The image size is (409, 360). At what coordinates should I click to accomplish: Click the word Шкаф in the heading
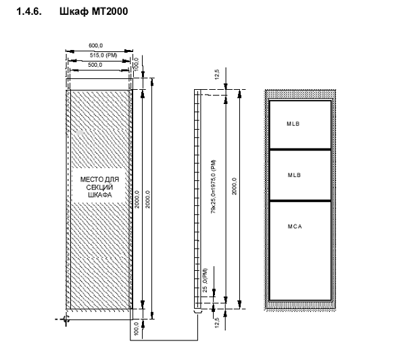coord(74,11)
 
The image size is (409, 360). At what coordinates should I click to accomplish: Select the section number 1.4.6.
coord(29,11)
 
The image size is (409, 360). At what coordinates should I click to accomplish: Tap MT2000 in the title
coord(110,11)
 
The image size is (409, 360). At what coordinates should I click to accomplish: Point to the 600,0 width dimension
coord(96,45)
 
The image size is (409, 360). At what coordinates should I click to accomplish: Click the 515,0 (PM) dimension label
coord(103,55)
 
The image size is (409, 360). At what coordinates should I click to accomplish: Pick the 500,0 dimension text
coord(95,65)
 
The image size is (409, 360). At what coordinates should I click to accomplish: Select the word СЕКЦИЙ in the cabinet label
coord(99,187)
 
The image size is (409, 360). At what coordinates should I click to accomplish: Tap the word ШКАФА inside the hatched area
coord(99,195)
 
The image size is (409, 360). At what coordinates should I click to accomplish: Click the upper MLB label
coord(293,124)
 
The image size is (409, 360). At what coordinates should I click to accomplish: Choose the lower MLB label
coord(294,175)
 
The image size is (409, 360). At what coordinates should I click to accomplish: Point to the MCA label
coord(295,226)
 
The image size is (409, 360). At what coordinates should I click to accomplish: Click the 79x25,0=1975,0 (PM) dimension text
coord(214,186)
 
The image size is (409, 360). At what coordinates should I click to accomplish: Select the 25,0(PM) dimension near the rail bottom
coord(205,280)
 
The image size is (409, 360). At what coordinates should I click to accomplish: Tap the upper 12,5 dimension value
coord(217,74)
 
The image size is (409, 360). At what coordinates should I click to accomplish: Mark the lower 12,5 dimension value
coord(217,322)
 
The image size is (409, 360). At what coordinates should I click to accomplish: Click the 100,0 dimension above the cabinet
coord(136,64)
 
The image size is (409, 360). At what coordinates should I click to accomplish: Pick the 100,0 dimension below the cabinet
coord(136,329)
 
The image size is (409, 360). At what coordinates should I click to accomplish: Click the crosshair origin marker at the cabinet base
coord(65,319)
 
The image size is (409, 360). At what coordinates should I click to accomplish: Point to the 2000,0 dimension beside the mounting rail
coord(234,186)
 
